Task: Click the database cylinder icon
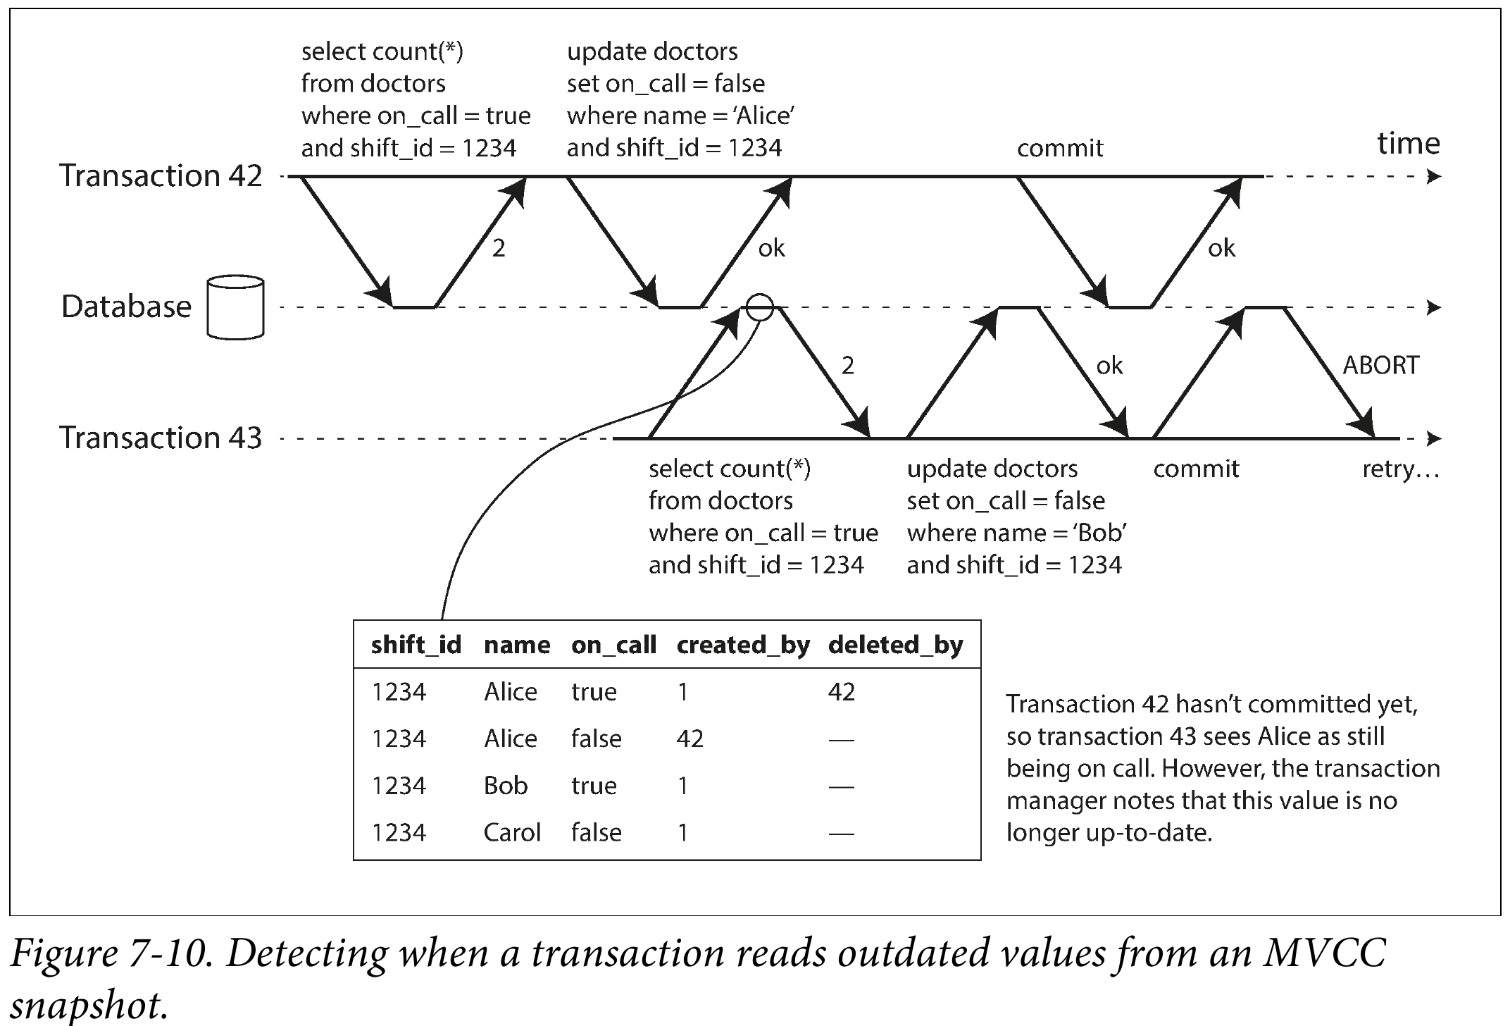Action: pyautogui.click(x=235, y=307)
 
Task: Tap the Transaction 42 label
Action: pyautogui.click(x=161, y=175)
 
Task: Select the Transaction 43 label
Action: pyautogui.click(x=161, y=438)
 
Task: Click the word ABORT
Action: pyautogui.click(x=1380, y=365)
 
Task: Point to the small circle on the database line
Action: pyautogui.click(x=759, y=295)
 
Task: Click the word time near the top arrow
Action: pyautogui.click(x=1409, y=143)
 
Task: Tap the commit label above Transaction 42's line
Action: pyautogui.click(x=1060, y=148)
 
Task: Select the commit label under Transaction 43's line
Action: pyautogui.click(x=1196, y=469)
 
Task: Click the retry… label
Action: pyautogui.click(x=1401, y=469)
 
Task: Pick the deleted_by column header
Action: pyautogui.click(x=895, y=645)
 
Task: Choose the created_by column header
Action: pyautogui.click(x=743, y=645)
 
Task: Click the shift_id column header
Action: pyautogui.click(x=416, y=645)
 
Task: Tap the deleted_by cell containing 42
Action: pyautogui.click(x=842, y=692)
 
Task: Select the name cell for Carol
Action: pyautogui.click(x=512, y=832)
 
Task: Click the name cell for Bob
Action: pyautogui.click(x=506, y=786)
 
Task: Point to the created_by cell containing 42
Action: pyautogui.click(x=690, y=738)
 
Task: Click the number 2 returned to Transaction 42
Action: pyautogui.click(x=499, y=248)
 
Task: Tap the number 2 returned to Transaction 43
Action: pyautogui.click(x=848, y=365)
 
